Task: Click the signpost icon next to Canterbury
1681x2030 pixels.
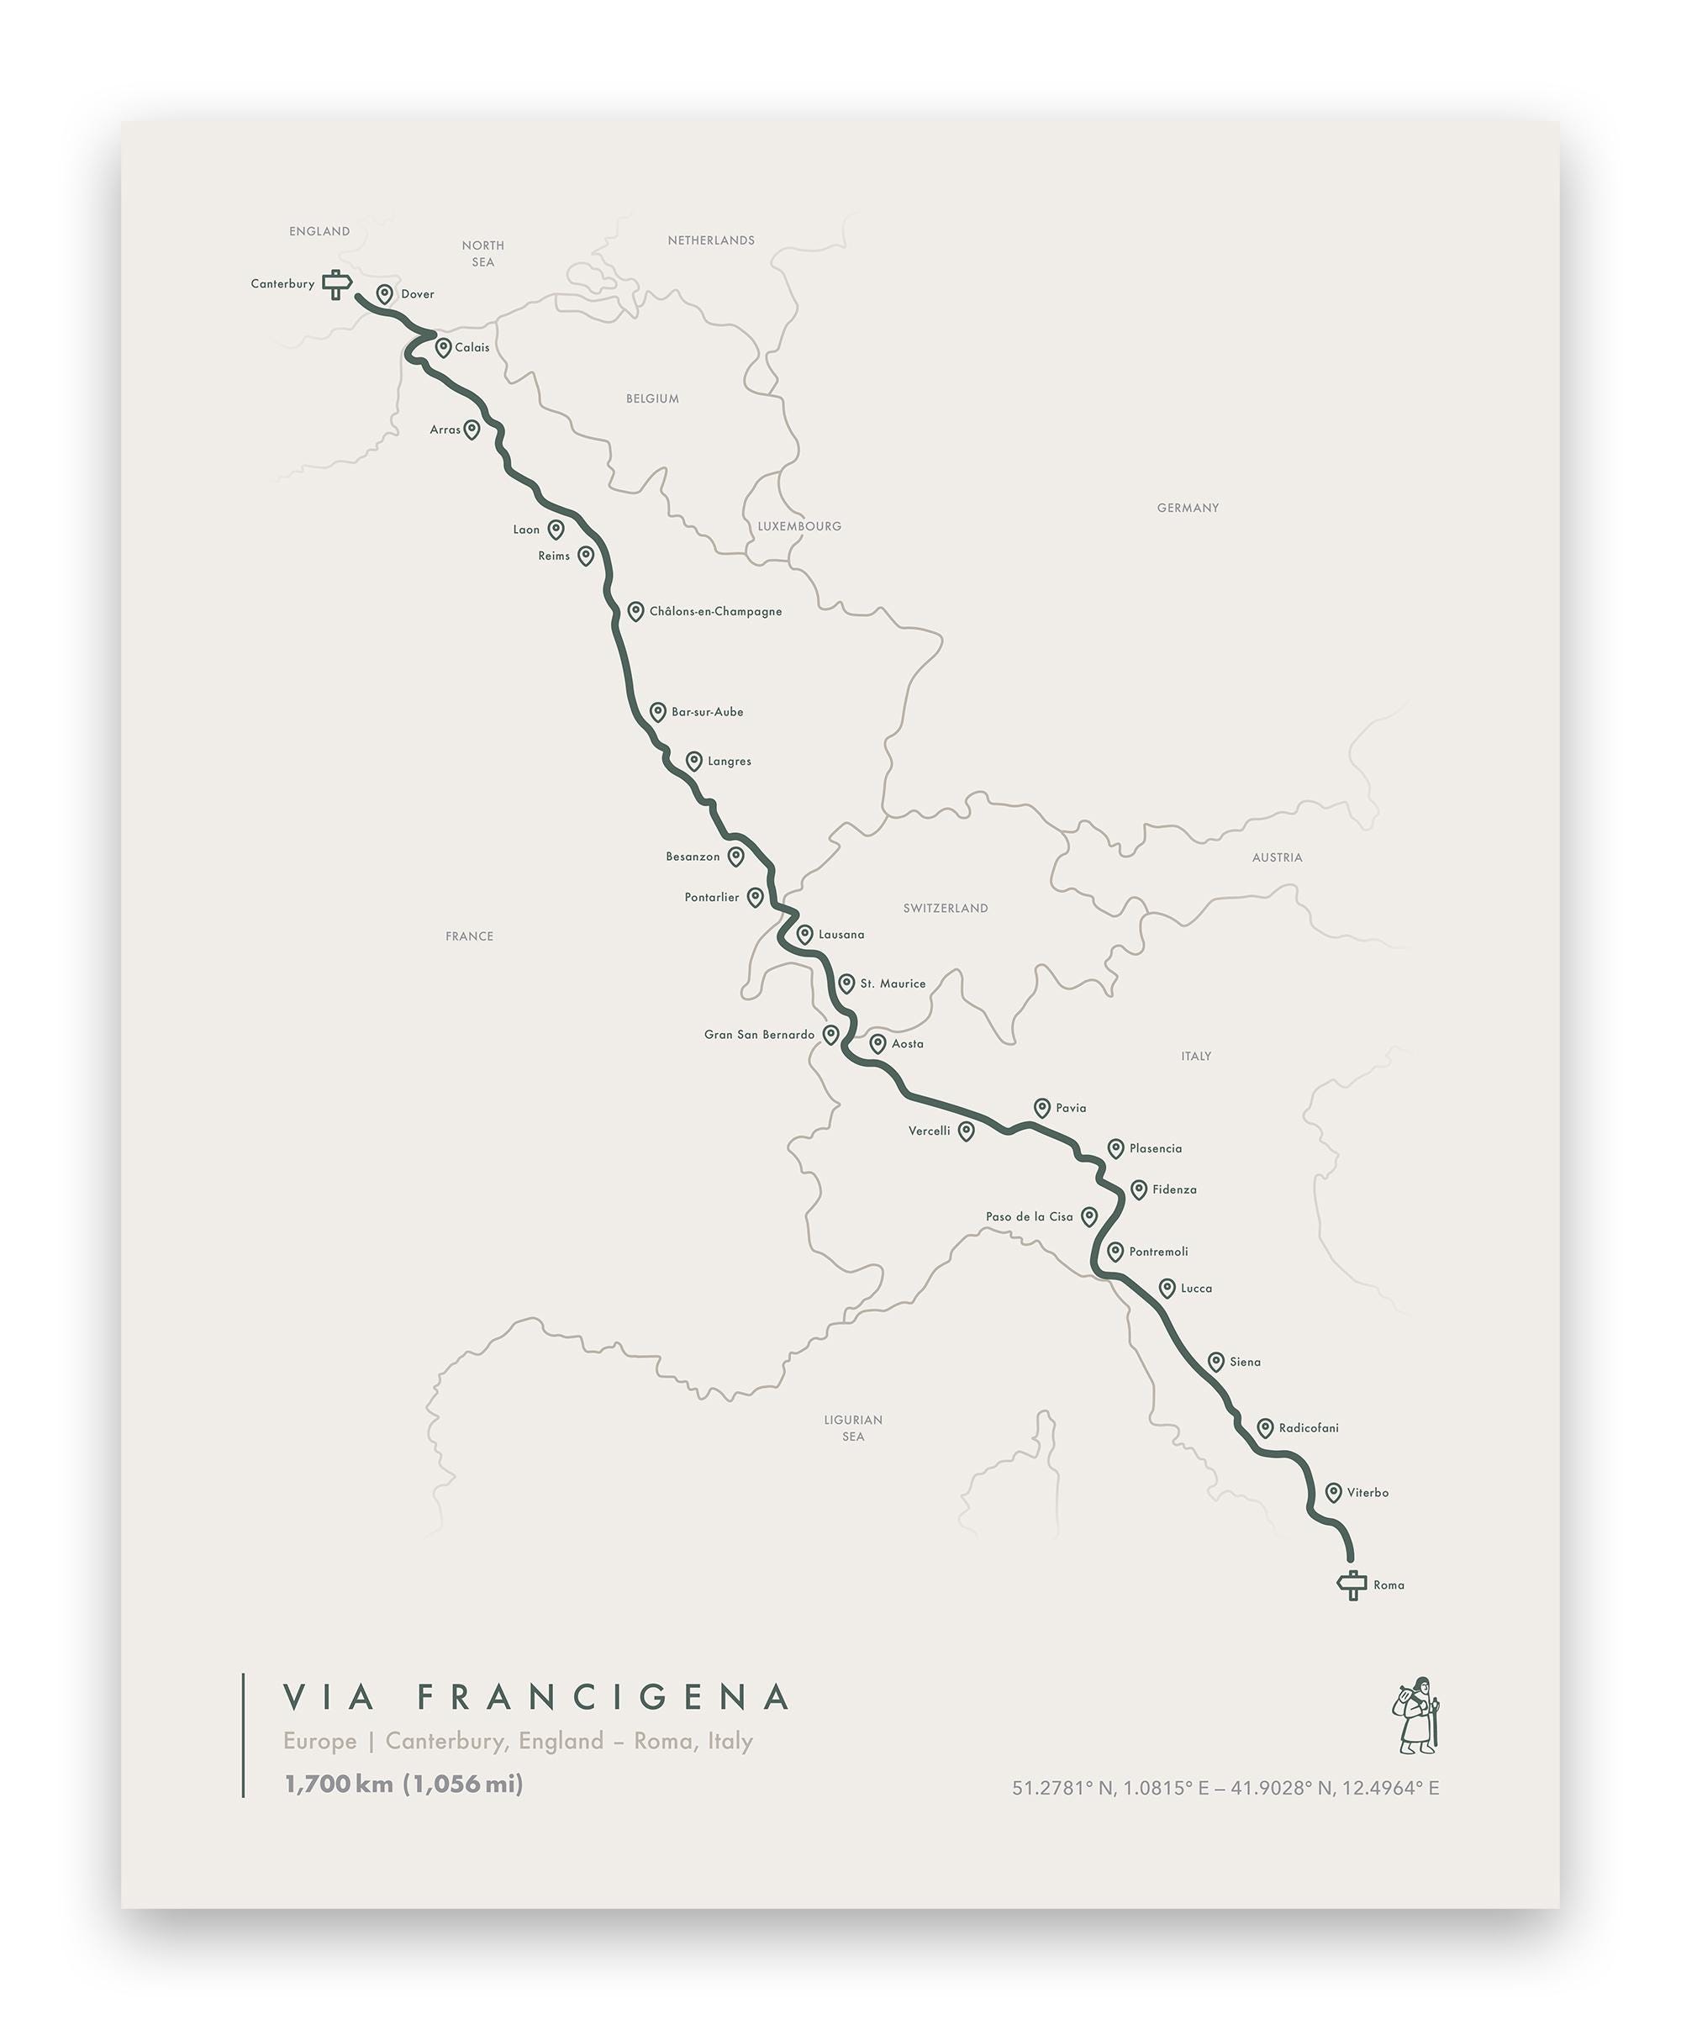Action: click(335, 284)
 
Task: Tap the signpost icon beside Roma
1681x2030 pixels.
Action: click(1352, 1585)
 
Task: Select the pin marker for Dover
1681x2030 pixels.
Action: click(385, 294)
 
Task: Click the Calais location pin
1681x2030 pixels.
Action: click(444, 347)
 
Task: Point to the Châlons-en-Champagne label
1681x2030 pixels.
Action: click(715, 612)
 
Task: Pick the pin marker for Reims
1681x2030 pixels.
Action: click(586, 556)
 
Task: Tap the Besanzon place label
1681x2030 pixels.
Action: click(692, 857)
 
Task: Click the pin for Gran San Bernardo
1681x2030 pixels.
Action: click(830, 1034)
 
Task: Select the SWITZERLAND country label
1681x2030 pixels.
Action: click(946, 909)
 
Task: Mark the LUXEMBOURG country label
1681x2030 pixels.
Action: click(799, 527)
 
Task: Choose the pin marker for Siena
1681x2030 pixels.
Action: click(1216, 1362)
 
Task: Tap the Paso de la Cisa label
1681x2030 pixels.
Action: click(1029, 1217)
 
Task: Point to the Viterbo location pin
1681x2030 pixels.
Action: click(1333, 1493)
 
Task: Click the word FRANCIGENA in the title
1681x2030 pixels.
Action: click(605, 1697)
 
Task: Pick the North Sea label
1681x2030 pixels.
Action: click(482, 254)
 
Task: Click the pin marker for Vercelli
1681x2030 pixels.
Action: click(966, 1131)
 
